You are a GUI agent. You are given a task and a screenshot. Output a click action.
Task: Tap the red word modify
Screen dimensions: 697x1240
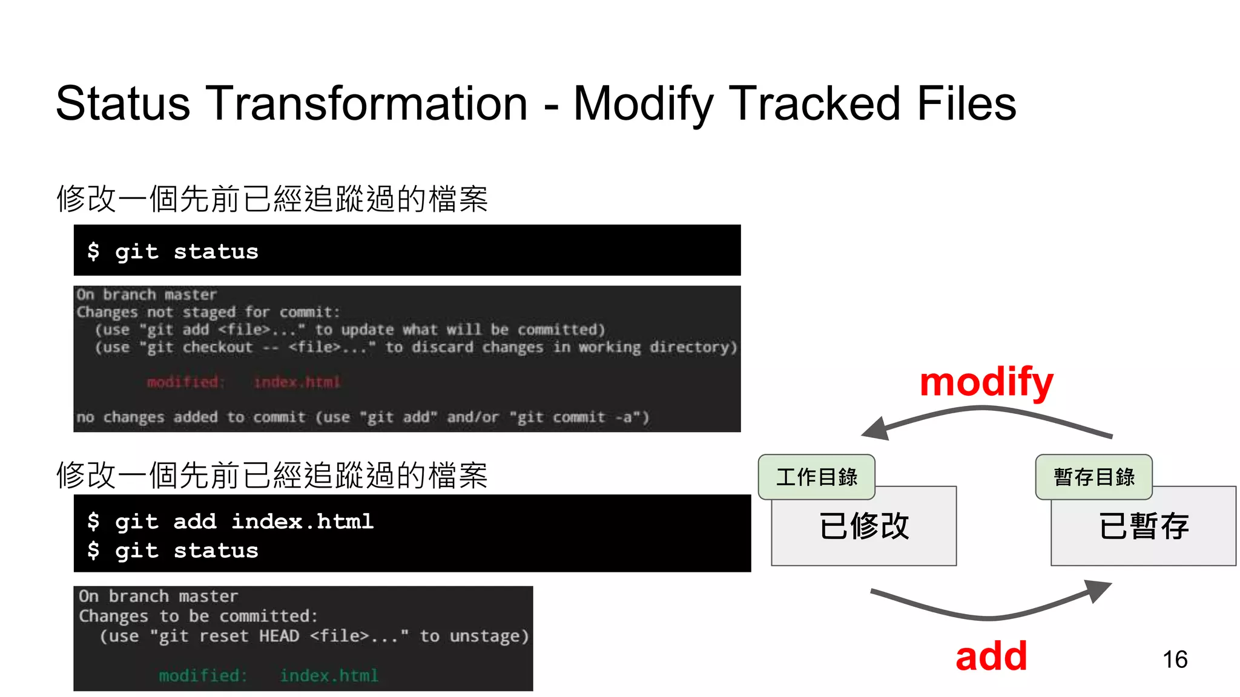point(986,382)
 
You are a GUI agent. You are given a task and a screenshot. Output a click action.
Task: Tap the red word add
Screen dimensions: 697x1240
point(991,656)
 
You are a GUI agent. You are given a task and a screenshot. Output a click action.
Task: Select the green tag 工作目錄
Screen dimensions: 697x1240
point(816,477)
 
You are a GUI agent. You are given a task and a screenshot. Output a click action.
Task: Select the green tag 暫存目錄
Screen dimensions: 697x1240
point(1093,477)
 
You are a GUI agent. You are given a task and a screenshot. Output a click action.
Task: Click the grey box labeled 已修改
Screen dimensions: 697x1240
point(864,532)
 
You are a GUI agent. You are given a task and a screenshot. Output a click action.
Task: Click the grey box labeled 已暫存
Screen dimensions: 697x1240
point(1143,532)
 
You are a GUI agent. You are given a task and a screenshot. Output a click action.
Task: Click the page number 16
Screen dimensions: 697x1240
point(1175,659)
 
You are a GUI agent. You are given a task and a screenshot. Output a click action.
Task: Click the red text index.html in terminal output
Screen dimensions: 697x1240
point(297,382)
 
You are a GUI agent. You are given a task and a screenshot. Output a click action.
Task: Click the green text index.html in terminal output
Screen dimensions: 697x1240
point(329,675)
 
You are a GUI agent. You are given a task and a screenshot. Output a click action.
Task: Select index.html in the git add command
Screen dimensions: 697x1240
point(302,522)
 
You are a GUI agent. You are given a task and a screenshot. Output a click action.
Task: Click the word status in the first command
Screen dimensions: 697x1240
point(216,252)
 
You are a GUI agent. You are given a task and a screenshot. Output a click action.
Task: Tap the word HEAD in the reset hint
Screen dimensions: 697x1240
point(279,636)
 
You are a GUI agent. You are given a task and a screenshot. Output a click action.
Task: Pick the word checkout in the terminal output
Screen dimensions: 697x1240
point(217,347)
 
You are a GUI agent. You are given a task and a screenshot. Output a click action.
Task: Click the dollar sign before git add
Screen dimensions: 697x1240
point(93,522)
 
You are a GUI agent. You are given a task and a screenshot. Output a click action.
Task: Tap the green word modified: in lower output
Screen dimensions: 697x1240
point(203,675)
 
